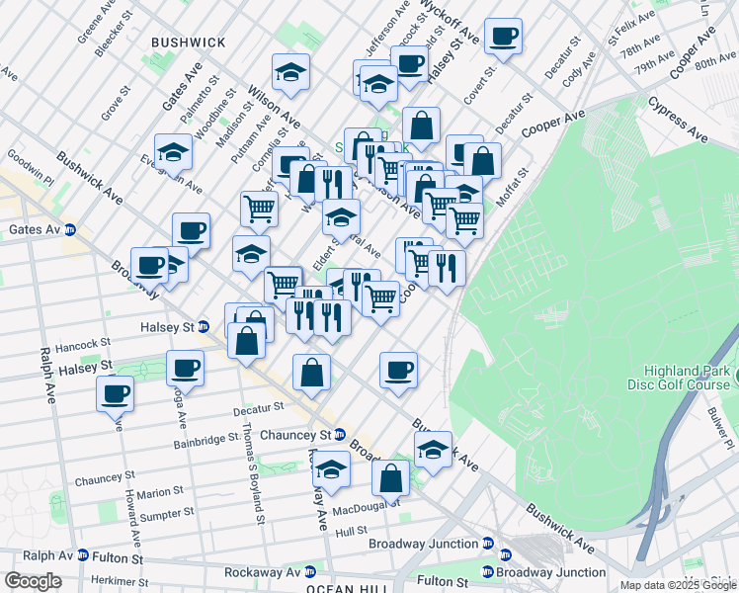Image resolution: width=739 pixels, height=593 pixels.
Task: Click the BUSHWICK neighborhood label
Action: (x=188, y=42)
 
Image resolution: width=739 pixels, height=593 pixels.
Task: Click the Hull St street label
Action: (x=351, y=531)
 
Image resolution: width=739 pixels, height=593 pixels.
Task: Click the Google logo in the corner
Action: (x=32, y=581)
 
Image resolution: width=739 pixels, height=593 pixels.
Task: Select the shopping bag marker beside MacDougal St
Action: (x=391, y=477)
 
